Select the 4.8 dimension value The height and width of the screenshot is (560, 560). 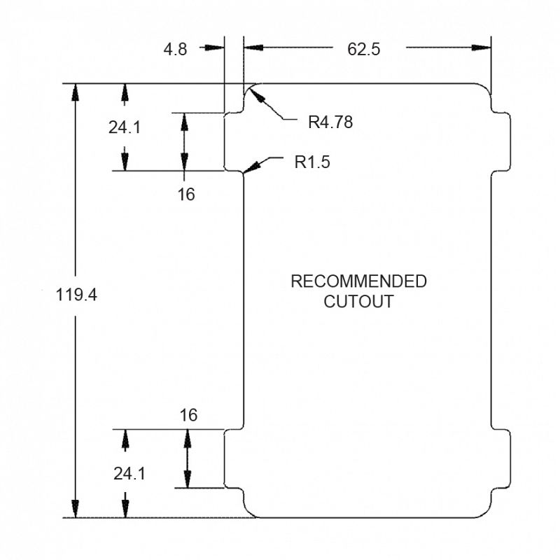coord(174,48)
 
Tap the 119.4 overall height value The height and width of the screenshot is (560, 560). coord(76,295)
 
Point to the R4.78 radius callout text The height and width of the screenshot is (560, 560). coord(330,122)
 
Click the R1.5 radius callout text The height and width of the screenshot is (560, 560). coord(311,162)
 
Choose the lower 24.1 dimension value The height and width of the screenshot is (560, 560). coord(129,473)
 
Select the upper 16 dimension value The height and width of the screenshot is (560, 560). coord(185,195)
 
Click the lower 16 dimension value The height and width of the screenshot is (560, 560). coord(188,415)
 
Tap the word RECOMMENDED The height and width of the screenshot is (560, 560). coord(358,281)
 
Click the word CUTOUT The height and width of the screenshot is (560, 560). coord(358,302)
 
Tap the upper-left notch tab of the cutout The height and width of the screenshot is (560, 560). coord(233,141)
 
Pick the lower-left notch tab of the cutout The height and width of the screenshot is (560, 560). coord(233,458)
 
